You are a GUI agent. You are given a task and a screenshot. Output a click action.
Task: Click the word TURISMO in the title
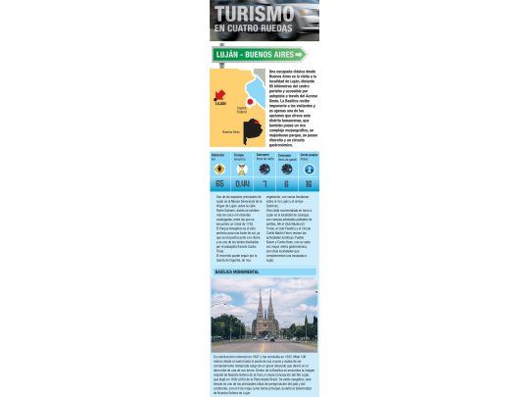[254, 14]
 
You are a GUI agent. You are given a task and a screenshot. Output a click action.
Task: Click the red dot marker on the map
[251, 101]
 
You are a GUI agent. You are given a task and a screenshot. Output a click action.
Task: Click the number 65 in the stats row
[218, 183]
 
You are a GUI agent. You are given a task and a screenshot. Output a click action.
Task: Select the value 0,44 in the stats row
[241, 183]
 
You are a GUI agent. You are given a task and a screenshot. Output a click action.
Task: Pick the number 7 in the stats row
[264, 183]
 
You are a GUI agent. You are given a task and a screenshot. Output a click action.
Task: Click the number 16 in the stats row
[308, 183]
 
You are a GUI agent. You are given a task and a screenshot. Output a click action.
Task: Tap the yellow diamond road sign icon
[218, 169]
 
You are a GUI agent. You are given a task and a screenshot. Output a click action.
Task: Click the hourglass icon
[241, 169]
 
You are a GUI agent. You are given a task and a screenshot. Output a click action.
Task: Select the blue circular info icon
[308, 169]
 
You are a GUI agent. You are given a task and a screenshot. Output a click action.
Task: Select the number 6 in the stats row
[285, 183]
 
